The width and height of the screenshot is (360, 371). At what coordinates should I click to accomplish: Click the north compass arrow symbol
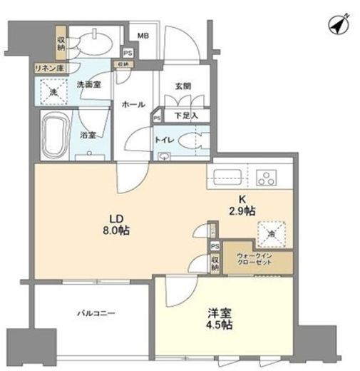(x=338, y=24)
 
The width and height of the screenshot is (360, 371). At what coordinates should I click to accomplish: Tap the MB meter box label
(x=143, y=35)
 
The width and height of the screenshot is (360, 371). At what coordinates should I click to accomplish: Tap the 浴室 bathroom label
(x=88, y=133)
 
